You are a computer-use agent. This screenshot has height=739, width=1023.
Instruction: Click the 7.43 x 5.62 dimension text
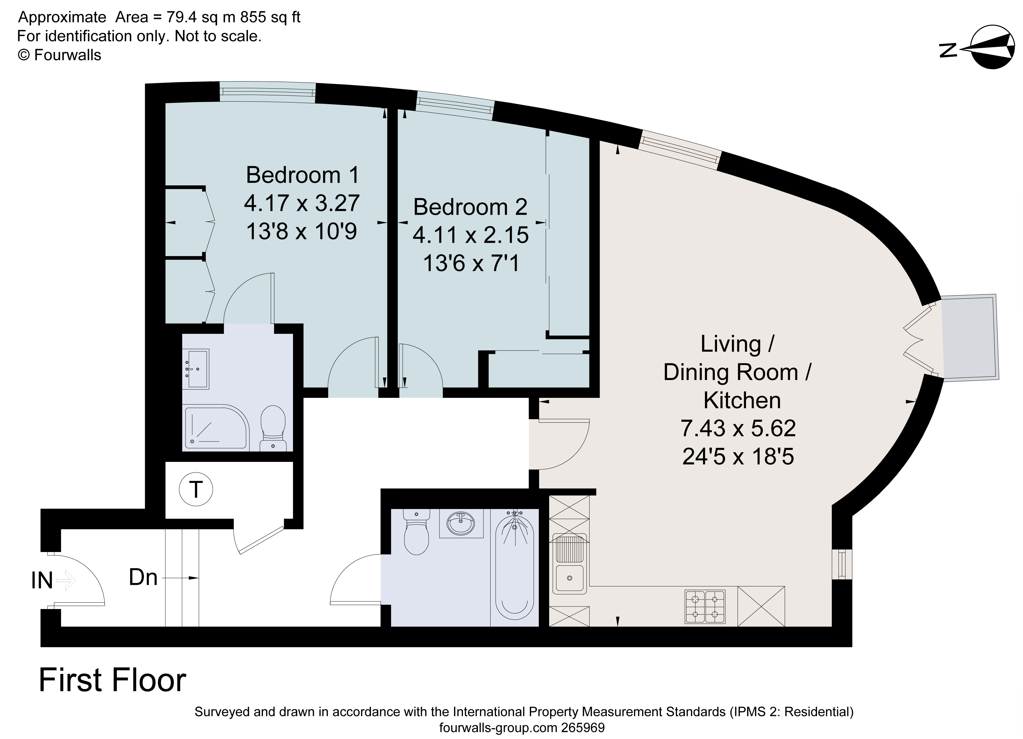(x=738, y=428)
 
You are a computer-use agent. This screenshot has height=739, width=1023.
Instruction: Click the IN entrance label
(x=42, y=581)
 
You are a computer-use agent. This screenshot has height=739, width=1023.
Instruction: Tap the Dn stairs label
(x=143, y=577)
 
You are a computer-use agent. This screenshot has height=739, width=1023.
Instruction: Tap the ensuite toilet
(x=273, y=428)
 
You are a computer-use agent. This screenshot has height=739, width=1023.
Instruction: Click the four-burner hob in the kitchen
(x=705, y=607)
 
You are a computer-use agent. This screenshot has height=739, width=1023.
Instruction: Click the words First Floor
(x=112, y=680)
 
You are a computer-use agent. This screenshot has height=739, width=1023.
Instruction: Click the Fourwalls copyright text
(x=59, y=55)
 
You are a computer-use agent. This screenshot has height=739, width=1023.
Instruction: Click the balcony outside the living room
(x=970, y=337)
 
